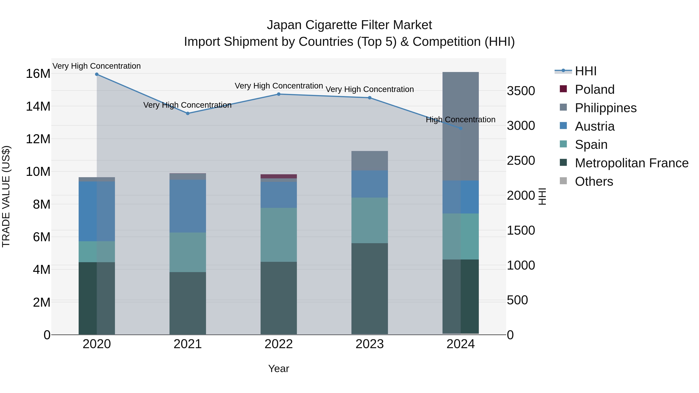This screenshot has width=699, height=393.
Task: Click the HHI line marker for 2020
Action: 97,74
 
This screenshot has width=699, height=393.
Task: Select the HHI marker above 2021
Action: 188,113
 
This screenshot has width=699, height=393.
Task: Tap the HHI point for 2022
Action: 279,94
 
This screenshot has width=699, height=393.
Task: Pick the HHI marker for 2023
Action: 369,98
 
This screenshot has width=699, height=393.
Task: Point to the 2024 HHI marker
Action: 461,128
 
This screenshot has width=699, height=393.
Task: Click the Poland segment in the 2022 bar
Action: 279,176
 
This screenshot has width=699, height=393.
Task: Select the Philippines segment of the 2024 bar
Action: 461,126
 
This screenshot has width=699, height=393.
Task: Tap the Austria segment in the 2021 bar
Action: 188,206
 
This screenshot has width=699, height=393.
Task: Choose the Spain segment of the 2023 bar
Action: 369,220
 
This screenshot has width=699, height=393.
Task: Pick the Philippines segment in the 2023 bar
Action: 369,160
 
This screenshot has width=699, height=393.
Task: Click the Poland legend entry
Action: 595,89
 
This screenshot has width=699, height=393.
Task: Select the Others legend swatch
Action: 563,181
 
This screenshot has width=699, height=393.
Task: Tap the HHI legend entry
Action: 586,71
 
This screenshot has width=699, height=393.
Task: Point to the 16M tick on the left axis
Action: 38,74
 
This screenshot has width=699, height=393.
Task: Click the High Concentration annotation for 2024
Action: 461,120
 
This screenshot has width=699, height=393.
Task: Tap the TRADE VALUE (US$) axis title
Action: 6,196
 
